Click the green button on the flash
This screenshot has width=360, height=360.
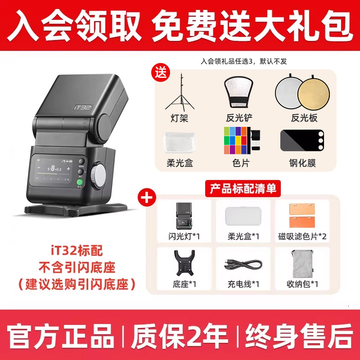(80, 183)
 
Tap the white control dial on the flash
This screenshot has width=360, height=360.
(99, 175)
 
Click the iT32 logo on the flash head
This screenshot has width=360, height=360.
(82, 108)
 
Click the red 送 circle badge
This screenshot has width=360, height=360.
(161, 72)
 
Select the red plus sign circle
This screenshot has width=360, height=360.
(147, 197)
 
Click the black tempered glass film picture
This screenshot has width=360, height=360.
(302, 140)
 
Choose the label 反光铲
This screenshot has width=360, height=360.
(239, 118)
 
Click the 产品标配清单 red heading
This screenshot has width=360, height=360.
(243, 189)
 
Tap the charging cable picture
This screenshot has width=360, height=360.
(243, 265)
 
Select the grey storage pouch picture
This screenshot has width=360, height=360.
(302, 264)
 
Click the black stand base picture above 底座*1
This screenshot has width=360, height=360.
(184, 263)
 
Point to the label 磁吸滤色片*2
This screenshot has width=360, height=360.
(302, 236)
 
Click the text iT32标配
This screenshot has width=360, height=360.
(76, 251)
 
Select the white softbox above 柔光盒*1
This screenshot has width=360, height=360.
(243, 216)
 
